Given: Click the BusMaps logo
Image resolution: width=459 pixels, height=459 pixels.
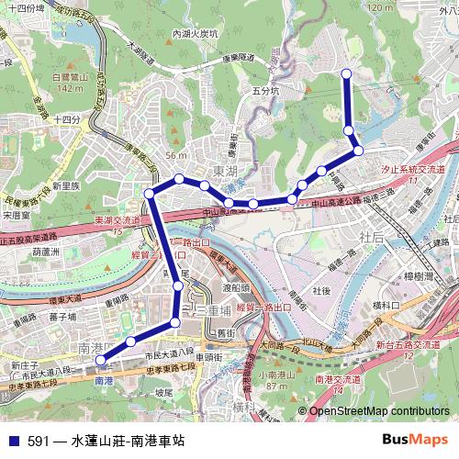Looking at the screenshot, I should [x=415, y=440].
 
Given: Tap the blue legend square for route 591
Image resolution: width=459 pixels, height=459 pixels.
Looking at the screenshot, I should [x=13, y=441].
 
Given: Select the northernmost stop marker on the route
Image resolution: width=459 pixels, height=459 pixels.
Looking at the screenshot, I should [x=346, y=73].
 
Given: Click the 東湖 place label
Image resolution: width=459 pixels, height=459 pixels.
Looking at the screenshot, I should [x=224, y=172].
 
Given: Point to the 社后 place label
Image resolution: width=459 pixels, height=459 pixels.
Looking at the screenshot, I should [x=372, y=237].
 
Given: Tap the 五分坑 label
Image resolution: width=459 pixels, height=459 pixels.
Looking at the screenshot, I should [x=264, y=92].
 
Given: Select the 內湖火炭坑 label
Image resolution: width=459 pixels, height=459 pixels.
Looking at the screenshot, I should [x=196, y=34].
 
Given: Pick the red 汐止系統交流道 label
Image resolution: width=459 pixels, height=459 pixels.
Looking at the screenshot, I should [x=412, y=171].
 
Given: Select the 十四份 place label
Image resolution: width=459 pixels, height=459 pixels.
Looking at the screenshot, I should [x=66, y=119].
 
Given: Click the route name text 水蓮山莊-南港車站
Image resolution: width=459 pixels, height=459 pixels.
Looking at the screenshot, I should [x=128, y=441].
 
